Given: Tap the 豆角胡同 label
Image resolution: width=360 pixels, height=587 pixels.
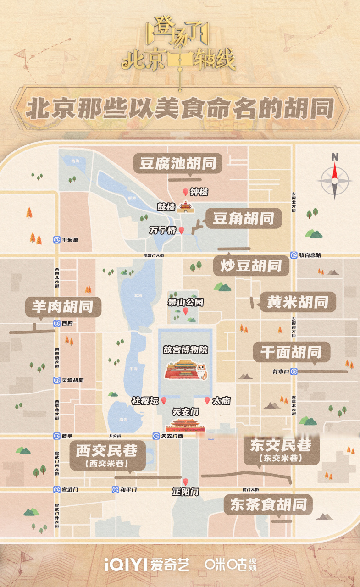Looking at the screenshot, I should pyautogui.click(x=243, y=219).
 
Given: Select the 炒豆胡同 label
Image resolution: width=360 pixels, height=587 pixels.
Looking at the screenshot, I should pyautogui.click(x=251, y=266).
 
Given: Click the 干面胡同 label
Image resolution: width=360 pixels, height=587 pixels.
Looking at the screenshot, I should pyautogui.click(x=292, y=352).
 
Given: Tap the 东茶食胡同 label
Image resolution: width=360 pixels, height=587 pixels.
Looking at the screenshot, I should pyautogui.click(x=268, y=505).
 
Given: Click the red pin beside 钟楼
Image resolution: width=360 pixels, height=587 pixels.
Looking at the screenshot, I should pyautogui.click(x=185, y=192).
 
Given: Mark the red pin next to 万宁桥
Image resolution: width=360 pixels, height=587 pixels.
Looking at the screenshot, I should pyautogui.click(x=182, y=230).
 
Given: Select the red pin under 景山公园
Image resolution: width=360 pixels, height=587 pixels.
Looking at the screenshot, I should pyautogui.click(x=186, y=311).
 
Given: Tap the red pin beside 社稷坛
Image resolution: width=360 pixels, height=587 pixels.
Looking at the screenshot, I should pyautogui.click(x=164, y=401).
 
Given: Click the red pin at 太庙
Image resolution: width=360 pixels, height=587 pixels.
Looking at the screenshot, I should pyautogui.click(x=207, y=400).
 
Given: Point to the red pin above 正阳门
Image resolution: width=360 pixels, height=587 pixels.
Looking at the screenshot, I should pyautogui.click(x=186, y=482).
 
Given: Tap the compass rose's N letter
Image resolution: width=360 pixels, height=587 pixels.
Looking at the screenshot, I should pyautogui.click(x=335, y=157).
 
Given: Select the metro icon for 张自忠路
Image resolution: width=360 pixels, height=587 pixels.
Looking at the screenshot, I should pyautogui.click(x=294, y=255).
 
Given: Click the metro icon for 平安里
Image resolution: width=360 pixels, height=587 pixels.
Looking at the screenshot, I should pyautogui.click(x=57, y=239).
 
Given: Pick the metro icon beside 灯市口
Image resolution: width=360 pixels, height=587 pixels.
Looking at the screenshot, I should pyautogui.click(x=294, y=371).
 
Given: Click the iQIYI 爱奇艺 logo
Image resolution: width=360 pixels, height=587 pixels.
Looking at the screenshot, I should pyautogui.click(x=146, y=565).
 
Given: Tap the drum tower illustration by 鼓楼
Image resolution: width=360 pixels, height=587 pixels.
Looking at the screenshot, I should pyautogui.click(x=186, y=207).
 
